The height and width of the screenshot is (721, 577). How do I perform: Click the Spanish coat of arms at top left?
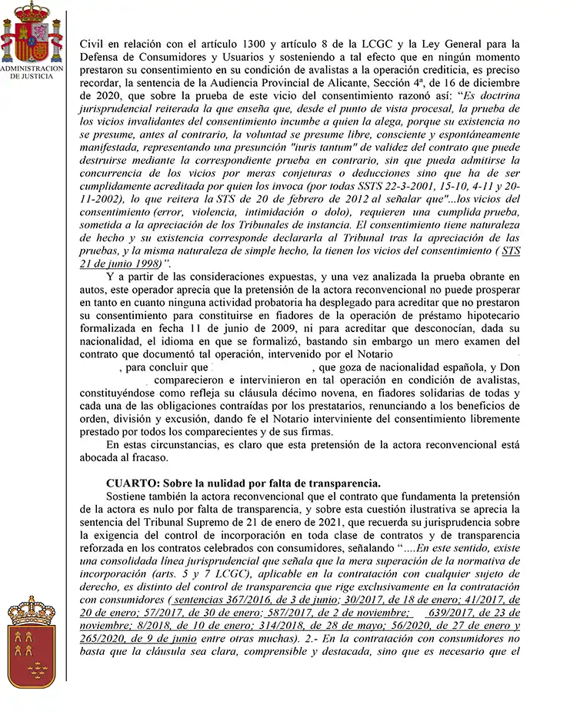click(x=31, y=33)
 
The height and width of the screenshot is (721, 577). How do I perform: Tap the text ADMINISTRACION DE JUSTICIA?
click(x=32, y=72)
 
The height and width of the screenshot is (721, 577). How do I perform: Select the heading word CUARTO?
click(x=133, y=483)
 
